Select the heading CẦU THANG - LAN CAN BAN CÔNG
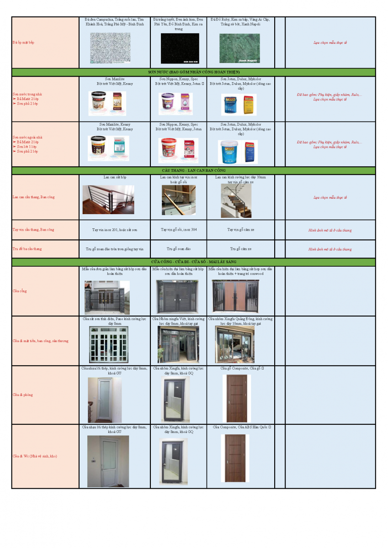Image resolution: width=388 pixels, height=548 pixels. tap(193, 171)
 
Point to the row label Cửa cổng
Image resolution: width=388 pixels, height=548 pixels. tap(19, 291)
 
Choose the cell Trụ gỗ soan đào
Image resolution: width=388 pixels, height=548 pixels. tap(178, 249)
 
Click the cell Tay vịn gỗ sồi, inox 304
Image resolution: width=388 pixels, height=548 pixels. tap(178, 230)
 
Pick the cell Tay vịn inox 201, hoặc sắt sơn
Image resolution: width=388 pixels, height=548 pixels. tap(114, 230)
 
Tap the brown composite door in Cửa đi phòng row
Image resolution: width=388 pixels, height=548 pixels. tap(236, 399)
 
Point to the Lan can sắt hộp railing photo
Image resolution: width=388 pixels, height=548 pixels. tap(108, 200)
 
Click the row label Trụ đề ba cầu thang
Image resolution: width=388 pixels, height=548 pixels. tap(27, 249)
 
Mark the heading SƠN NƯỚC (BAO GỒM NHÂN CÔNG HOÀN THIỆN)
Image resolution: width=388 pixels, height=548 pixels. tap(193, 72)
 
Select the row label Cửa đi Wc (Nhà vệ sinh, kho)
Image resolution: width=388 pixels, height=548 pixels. tap(35, 456)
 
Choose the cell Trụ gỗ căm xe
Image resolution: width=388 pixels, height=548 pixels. tap(240, 249)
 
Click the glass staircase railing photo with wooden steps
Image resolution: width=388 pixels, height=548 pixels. tap(236, 201)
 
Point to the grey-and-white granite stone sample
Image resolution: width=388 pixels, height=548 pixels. tap(110, 47)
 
